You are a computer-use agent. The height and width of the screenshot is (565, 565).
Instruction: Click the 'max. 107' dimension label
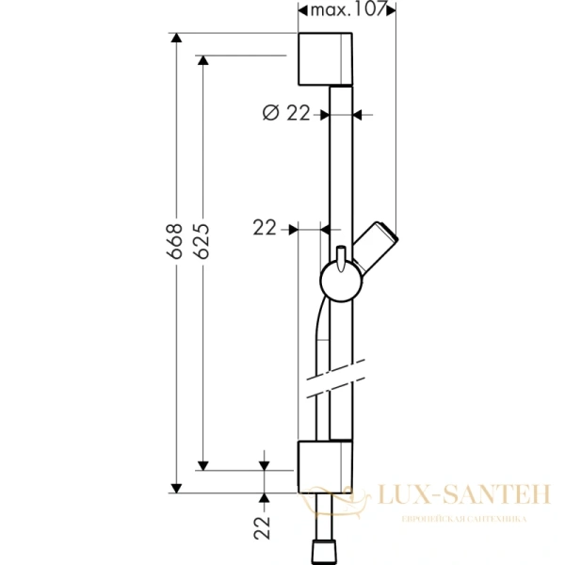coord(347,9)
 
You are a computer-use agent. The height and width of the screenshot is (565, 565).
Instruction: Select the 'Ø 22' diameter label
coord(285,113)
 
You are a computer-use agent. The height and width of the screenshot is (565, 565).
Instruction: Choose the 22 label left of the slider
coord(266,228)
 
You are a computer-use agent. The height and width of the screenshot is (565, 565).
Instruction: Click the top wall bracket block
coord(326,58)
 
